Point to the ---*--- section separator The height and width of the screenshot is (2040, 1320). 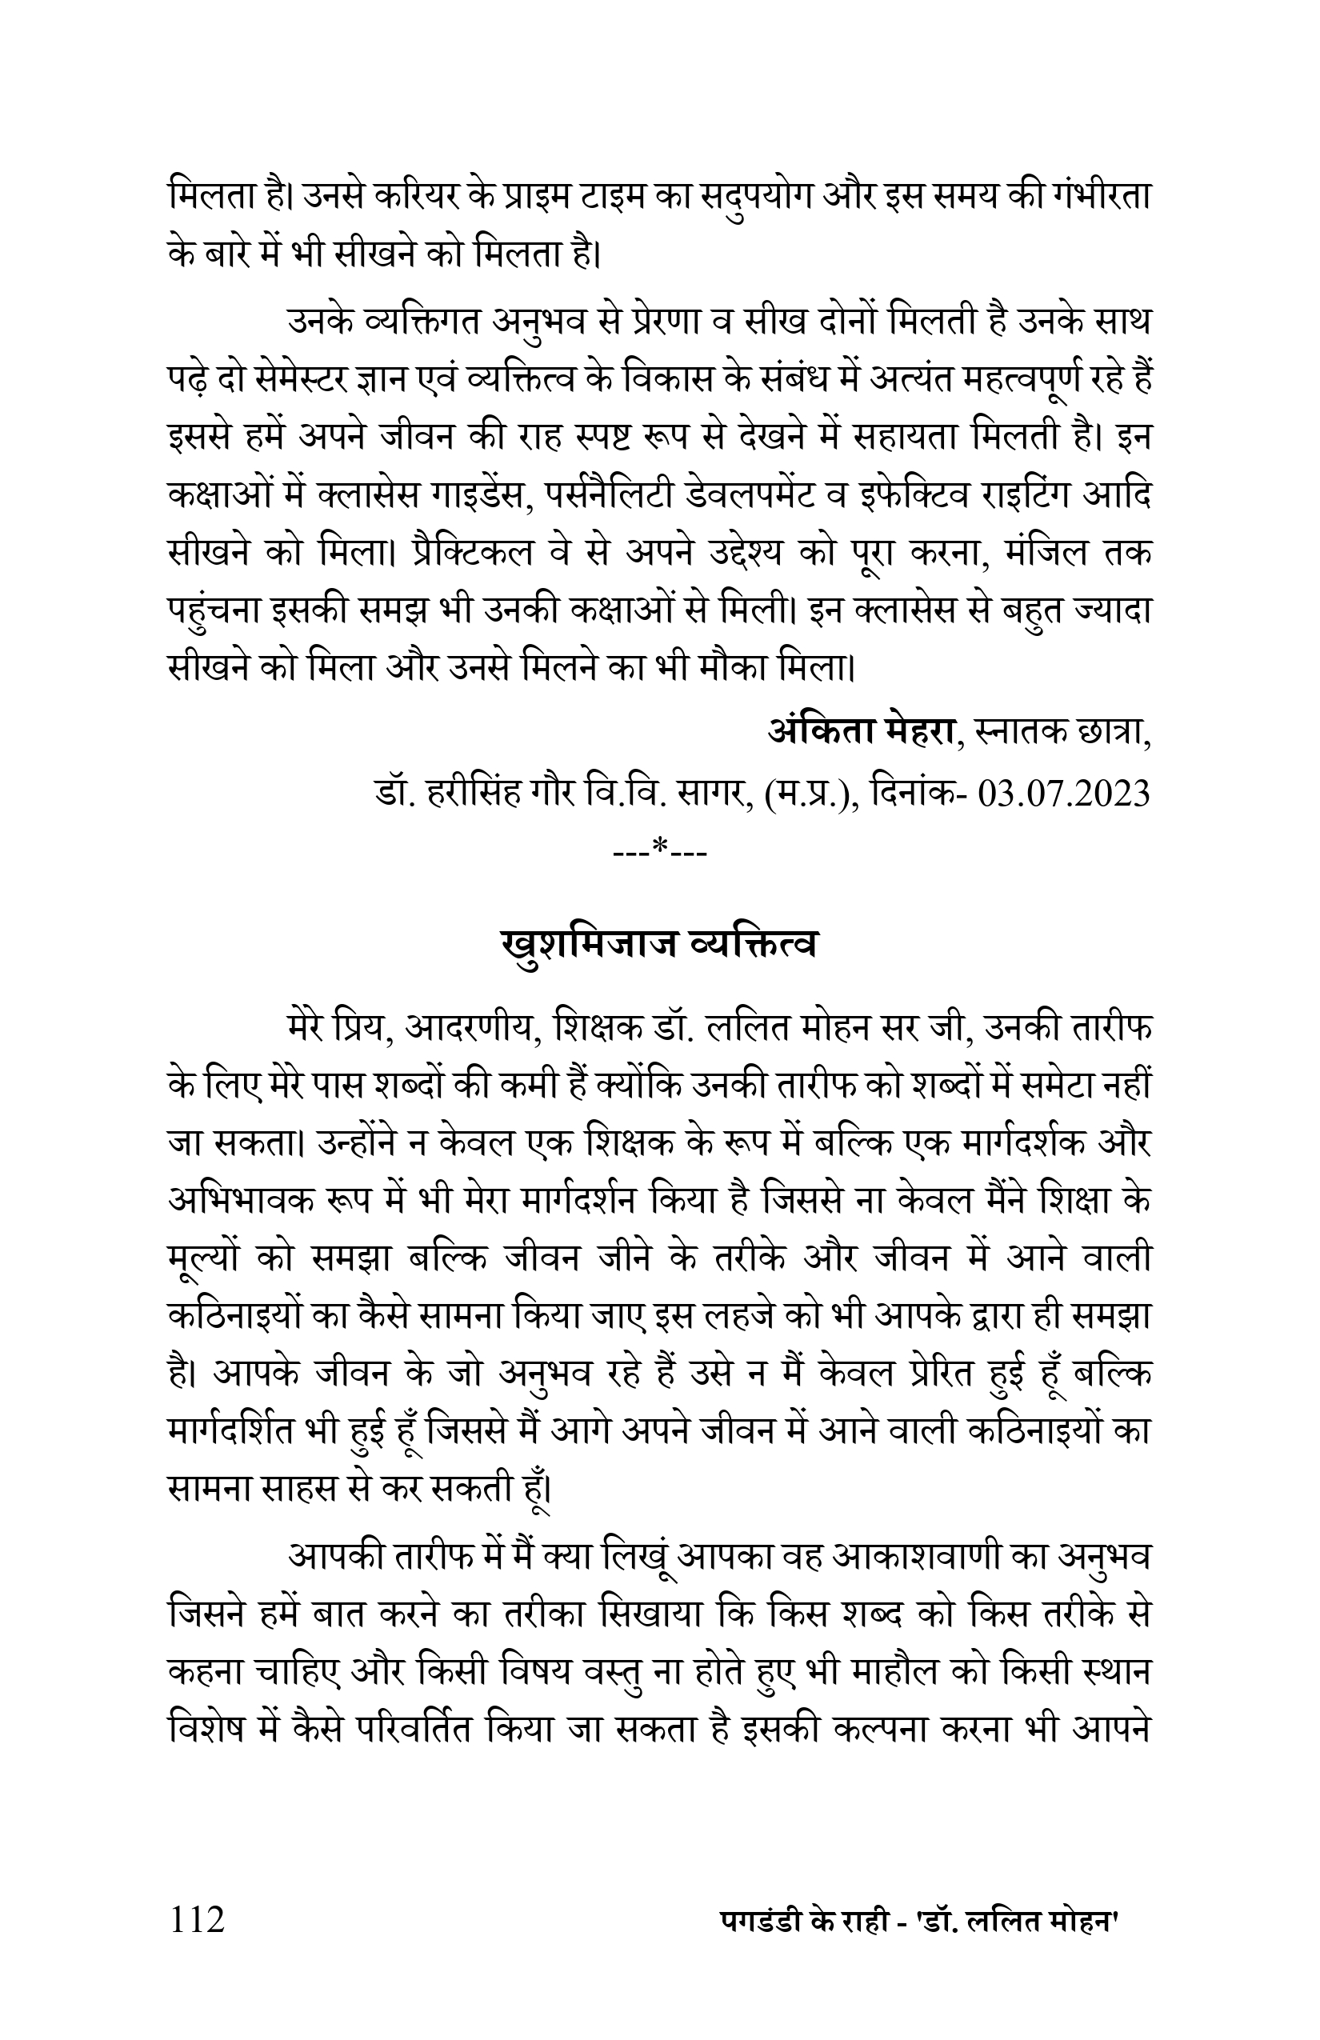tap(661, 851)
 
